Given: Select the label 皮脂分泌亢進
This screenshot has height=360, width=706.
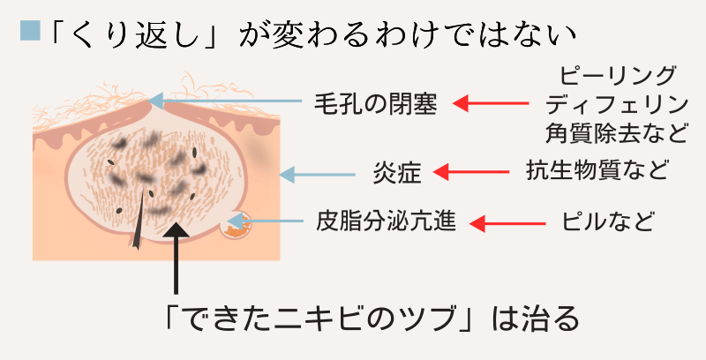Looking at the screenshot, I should coord(386,221).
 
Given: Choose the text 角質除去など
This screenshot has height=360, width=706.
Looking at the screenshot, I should coord(615,134).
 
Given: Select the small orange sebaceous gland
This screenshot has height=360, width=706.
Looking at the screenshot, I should coord(235,227).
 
